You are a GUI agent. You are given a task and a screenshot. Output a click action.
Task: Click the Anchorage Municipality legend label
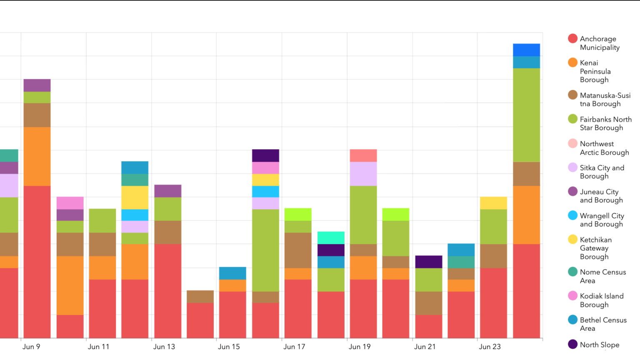(599, 43)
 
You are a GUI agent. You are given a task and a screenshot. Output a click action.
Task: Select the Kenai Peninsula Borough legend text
(595, 71)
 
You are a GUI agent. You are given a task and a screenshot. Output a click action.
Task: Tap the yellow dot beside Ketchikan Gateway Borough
(573, 239)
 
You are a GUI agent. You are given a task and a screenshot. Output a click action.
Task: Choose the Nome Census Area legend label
(602, 276)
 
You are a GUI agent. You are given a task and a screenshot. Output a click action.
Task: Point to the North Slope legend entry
(599, 345)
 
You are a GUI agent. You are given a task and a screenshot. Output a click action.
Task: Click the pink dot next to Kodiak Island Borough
(573, 296)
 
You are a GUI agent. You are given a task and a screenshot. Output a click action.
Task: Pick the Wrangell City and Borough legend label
(602, 220)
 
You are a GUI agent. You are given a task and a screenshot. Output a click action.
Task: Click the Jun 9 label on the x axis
(31, 347)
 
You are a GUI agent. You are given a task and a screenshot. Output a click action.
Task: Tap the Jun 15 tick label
(229, 347)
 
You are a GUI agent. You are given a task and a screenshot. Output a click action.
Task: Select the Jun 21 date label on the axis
(425, 347)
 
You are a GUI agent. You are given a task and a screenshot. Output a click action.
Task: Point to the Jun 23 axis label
(490, 347)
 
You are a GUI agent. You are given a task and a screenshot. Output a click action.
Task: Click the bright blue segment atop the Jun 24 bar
(526, 50)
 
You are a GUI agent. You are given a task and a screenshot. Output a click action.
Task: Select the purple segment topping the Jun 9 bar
(37, 85)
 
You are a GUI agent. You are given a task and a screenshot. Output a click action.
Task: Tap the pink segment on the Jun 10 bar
(70, 203)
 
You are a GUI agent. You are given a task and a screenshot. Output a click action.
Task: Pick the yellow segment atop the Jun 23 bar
(493, 203)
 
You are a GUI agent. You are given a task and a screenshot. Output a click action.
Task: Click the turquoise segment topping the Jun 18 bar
(331, 237)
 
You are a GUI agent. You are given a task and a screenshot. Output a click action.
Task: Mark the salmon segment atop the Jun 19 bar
(363, 155)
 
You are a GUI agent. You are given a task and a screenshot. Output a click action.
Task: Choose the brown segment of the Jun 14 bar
(200, 296)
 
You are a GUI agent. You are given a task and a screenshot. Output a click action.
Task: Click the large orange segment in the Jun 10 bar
(70, 285)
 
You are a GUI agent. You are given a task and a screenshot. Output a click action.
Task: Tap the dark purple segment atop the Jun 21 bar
(428, 262)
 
